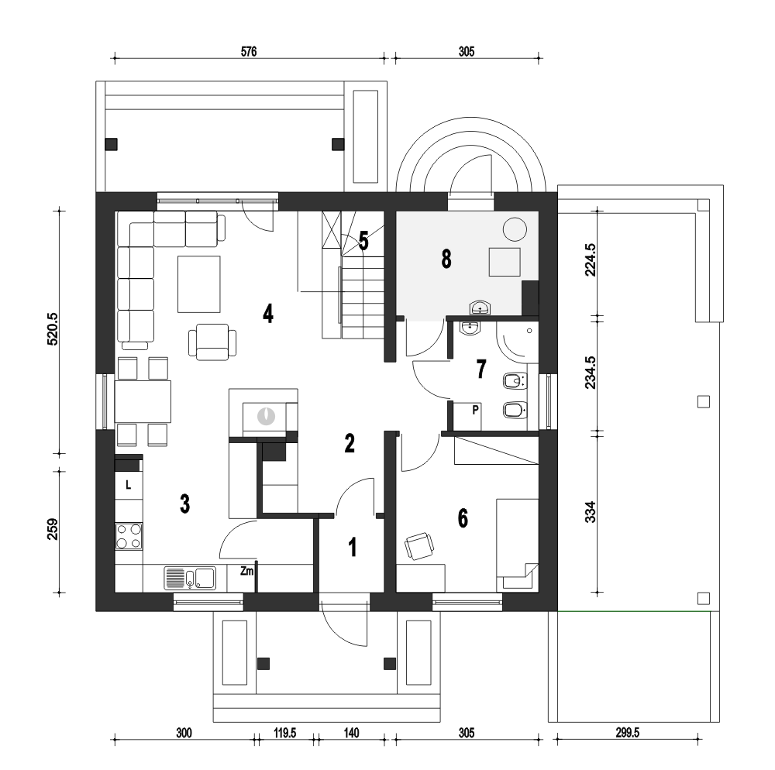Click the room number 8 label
point(446,259)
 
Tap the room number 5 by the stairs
point(363,241)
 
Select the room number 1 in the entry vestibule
point(353,547)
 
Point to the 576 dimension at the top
point(249,51)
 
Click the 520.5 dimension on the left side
point(53,329)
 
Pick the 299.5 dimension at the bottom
point(627,733)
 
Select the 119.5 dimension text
point(285,733)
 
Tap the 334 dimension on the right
point(590,512)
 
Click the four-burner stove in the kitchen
point(129,536)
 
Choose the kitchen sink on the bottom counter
point(190,579)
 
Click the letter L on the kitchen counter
point(128,485)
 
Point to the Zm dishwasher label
point(246,572)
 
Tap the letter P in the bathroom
point(476,410)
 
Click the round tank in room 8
point(515,229)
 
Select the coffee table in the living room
point(199,284)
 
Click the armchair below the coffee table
point(212,342)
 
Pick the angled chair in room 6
point(419,546)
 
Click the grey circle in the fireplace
point(266,415)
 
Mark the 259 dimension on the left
point(53,529)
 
